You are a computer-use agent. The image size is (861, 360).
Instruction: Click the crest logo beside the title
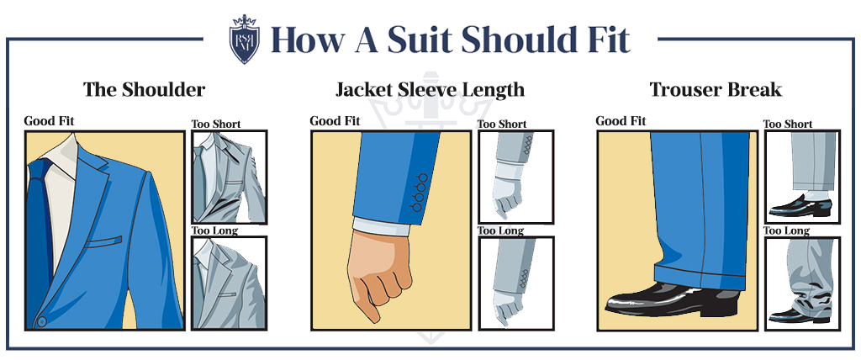click(245, 39)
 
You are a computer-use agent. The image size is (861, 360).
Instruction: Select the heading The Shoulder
click(144, 90)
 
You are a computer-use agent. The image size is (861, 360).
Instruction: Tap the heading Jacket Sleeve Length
click(430, 90)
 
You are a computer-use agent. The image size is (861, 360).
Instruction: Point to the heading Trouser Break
click(716, 90)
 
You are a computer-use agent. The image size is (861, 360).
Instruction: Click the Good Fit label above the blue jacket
click(48, 121)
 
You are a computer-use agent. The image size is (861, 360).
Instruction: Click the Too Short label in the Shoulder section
click(216, 124)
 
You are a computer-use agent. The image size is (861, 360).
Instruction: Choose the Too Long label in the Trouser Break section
click(787, 230)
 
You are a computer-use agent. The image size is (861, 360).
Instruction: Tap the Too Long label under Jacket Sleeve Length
click(501, 230)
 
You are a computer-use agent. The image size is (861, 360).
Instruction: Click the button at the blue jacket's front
click(42, 321)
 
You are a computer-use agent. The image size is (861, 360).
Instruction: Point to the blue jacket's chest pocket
click(103, 242)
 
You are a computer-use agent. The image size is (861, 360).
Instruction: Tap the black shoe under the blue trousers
click(673, 300)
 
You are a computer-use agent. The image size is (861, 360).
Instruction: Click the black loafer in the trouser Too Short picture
click(800, 206)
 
